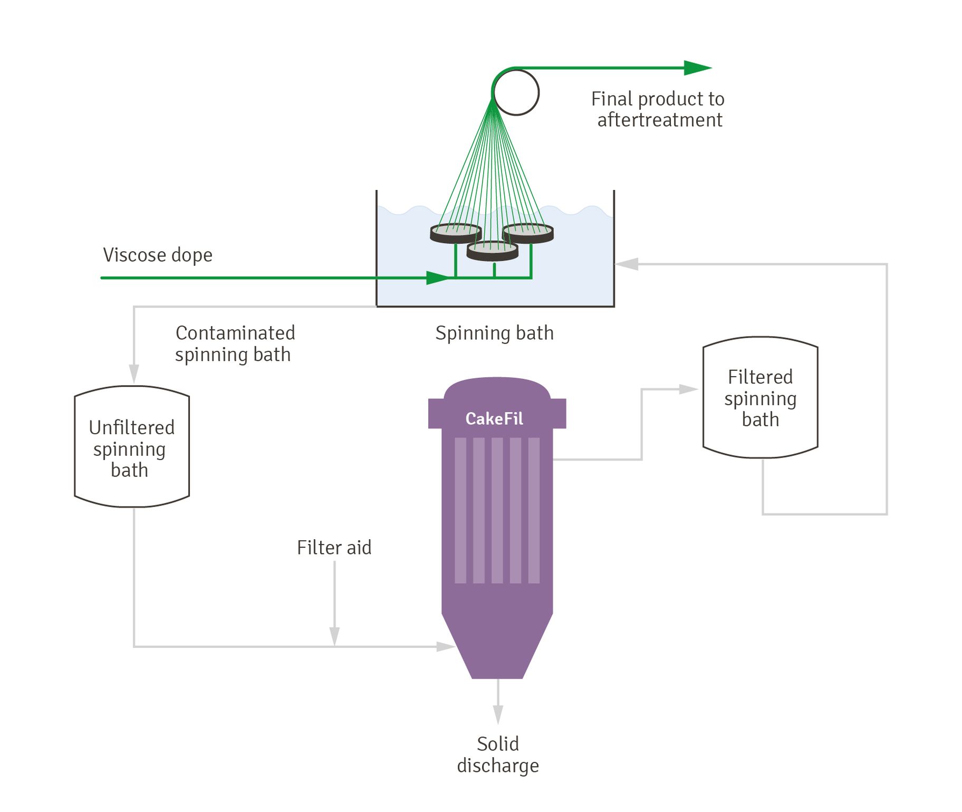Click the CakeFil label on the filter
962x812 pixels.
[494, 418]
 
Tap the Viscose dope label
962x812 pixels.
[157, 255]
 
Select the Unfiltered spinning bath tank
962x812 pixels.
[132, 447]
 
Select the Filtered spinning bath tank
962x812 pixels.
[760, 397]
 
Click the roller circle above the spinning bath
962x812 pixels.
[516, 93]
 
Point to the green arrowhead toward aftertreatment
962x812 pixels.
[697, 68]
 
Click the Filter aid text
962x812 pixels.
[334, 547]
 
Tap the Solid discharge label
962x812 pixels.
[497, 754]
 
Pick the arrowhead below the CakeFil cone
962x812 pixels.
[498, 714]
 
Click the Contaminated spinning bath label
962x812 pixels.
[234, 343]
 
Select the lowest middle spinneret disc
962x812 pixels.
[493, 251]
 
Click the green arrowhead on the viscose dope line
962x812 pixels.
[437, 278]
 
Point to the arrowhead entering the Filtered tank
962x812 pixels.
[688, 389]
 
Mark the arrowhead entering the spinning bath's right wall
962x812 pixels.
[627, 264]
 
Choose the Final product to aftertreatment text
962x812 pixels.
[658, 109]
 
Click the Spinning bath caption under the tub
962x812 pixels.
[494, 333]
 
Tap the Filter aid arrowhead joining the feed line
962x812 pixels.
[334, 636]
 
